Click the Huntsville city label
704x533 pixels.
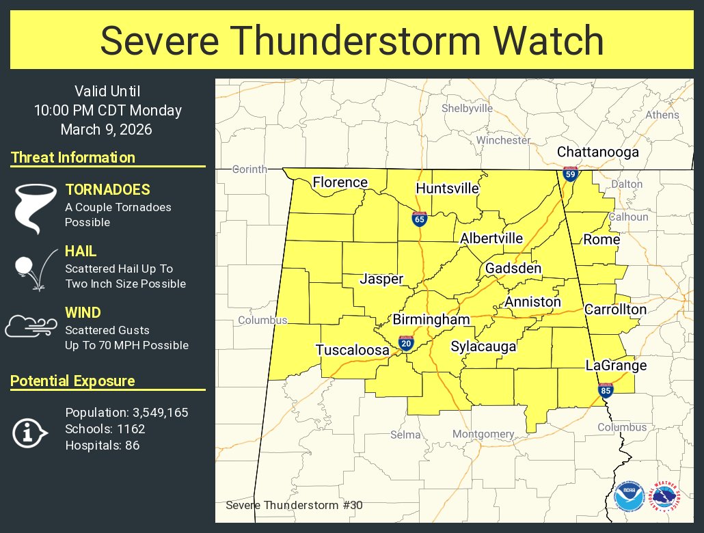click(x=447, y=188)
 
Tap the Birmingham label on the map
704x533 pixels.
click(x=431, y=320)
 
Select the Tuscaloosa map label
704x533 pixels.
click(x=352, y=350)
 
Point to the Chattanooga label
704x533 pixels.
click(x=597, y=152)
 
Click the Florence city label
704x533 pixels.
click(x=340, y=182)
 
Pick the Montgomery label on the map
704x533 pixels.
click(x=483, y=434)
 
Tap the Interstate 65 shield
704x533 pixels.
click(x=420, y=219)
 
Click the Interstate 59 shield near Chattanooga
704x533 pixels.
click(x=570, y=174)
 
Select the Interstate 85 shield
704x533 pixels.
click(x=606, y=390)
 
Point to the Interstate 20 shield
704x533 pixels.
click(x=406, y=343)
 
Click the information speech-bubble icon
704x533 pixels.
click(x=29, y=432)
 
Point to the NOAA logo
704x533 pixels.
click(x=629, y=497)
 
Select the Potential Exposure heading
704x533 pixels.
click(x=72, y=381)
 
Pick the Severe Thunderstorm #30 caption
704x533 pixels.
click(x=294, y=506)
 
